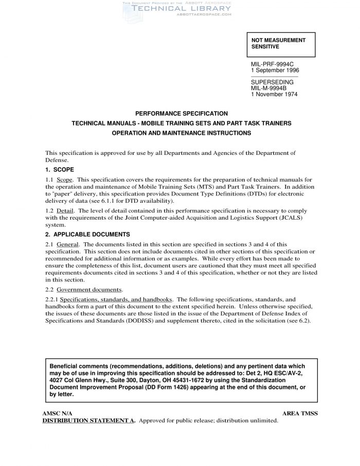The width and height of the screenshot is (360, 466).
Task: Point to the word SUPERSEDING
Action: (272, 82)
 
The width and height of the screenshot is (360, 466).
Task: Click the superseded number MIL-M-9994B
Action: (268, 88)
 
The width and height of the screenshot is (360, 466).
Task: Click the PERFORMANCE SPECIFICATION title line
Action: (181, 113)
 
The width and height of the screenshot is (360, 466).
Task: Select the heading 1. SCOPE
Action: (60, 169)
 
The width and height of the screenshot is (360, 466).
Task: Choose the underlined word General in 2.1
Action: (67, 244)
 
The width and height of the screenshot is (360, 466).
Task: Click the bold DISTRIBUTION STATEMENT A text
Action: (88, 420)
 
